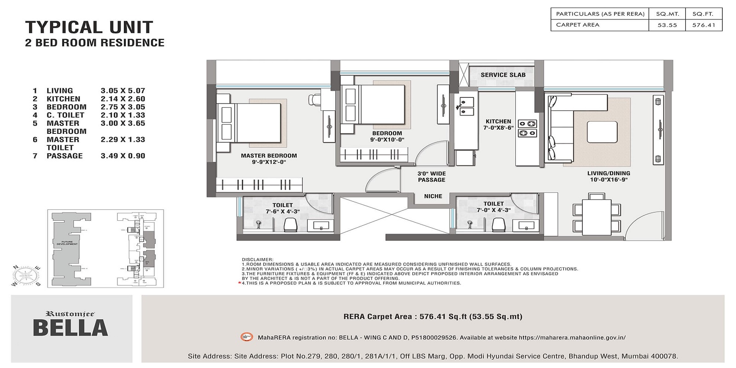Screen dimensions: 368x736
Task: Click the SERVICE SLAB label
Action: coord(503,75)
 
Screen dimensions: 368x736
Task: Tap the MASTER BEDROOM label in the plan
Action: coord(269,156)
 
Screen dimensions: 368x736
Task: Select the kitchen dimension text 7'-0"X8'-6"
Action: coord(499,128)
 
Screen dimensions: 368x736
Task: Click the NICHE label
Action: coord(433,196)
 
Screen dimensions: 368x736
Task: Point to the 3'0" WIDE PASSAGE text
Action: coord(431,177)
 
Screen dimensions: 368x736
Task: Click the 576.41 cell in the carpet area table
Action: coord(704,25)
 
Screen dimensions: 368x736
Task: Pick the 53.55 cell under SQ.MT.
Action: coord(667,25)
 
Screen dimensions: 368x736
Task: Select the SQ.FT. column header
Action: coord(704,14)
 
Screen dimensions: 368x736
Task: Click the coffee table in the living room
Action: coord(602,132)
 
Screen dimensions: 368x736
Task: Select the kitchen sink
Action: coord(467,106)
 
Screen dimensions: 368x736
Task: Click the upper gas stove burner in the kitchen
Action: coord(528,124)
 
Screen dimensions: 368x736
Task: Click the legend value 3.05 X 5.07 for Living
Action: coord(123,91)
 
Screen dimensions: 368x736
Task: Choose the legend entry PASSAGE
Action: coord(64,156)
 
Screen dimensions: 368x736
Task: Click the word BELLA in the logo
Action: coord(70,328)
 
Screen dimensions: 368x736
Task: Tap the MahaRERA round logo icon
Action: coord(247,337)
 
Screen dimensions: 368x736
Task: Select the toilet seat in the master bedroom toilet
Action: coord(290,224)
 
